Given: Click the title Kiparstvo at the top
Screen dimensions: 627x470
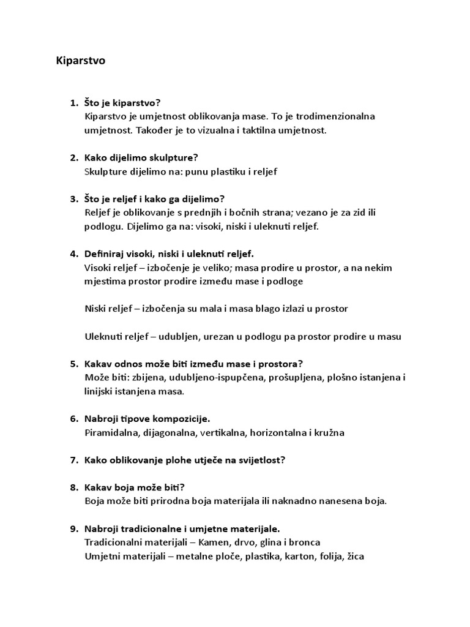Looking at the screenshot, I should coord(81,62).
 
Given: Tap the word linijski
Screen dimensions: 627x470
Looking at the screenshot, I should coord(100,391).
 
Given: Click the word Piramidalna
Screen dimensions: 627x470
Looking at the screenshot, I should coord(111,433).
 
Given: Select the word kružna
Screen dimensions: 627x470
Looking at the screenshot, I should coord(330,433).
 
